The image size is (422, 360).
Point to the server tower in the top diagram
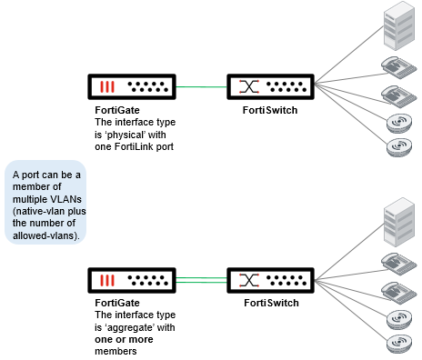[397, 27]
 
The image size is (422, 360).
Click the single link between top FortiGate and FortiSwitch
[201, 87]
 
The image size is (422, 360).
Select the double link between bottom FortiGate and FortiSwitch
[201, 280]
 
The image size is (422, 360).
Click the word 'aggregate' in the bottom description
[143, 326]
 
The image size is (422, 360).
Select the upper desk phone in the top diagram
[397, 66]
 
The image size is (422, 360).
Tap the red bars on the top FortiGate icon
[107, 88]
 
